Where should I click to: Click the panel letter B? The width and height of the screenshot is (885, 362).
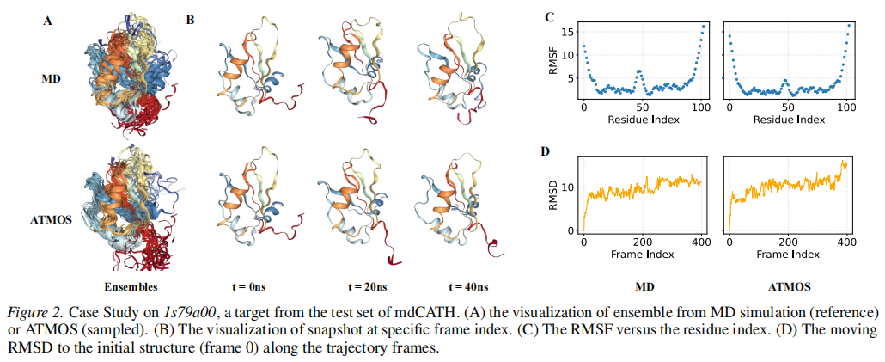point(190,18)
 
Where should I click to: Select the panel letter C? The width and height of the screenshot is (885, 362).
point(549,16)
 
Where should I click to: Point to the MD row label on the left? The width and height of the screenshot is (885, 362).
point(51,79)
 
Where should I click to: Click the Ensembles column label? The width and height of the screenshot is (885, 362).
point(131,285)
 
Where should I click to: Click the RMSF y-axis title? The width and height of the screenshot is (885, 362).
point(556,65)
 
